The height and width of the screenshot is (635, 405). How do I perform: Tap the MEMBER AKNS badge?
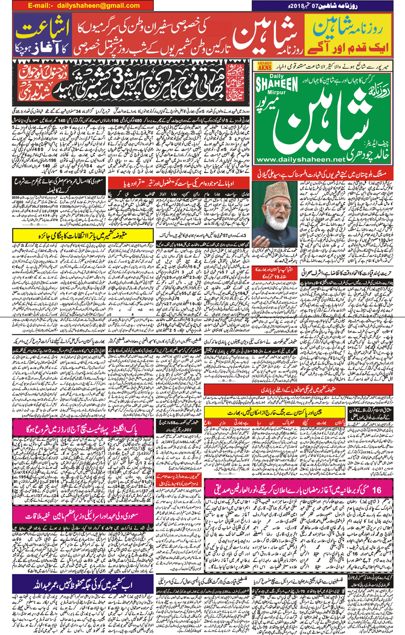point(265,66)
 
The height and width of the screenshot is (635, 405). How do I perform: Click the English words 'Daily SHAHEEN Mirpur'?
point(277,86)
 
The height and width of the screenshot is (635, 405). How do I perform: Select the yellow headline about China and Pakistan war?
point(275,413)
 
